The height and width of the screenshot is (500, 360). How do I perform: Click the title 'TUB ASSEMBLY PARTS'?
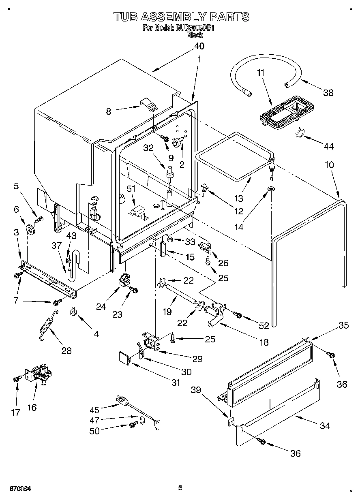coord(181,17)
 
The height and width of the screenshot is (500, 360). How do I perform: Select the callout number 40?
coord(199,46)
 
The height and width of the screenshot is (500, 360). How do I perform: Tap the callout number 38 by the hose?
coord(328,92)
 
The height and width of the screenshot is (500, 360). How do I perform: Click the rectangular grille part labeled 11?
coord(287,109)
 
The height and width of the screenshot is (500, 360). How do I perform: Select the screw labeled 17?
coord(17,379)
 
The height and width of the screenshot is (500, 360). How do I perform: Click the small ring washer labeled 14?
coord(270,189)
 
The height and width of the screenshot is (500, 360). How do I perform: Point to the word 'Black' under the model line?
coord(195,35)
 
